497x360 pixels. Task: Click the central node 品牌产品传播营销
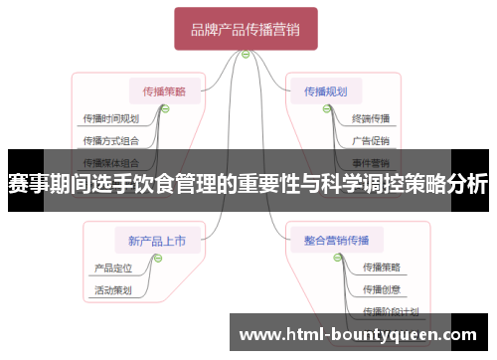pyautogui.click(x=246, y=29)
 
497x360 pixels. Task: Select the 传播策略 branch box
pyautogui.click(x=164, y=90)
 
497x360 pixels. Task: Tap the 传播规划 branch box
pyautogui.click(x=327, y=90)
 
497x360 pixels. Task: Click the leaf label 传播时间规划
pyautogui.click(x=110, y=118)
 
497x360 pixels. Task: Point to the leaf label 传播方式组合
pyautogui.click(x=110, y=140)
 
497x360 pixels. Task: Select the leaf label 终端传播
pyautogui.click(x=371, y=118)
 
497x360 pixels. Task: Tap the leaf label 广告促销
pyautogui.click(x=371, y=140)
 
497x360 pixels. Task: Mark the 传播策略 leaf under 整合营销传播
pyautogui.click(x=382, y=268)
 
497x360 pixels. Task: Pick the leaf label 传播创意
pyautogui.click(x=382, y=290)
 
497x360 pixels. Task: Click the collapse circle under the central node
pyautogui.click(x=246, y=54)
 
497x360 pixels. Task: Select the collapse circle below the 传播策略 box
pyautogui.click(x=165, y=108)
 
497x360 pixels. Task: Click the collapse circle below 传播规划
pyautogui.click(x=326, y=108)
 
